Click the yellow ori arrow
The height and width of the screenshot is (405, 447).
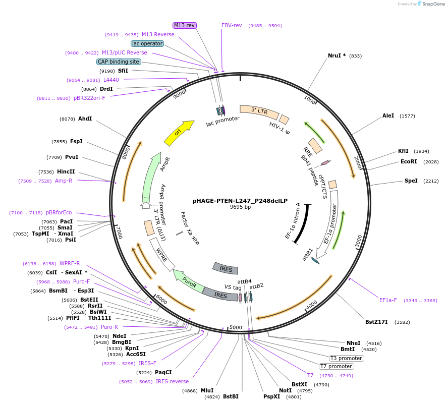point(179,133)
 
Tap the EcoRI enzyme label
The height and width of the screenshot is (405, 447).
point(409,161)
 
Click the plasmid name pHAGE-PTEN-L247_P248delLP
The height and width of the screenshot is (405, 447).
point(240,201)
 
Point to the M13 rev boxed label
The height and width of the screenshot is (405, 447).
point(185,25)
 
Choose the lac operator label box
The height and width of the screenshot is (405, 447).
point(147,43)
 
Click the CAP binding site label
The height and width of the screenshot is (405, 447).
point(118,62)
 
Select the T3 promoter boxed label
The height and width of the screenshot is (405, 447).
point(347,358)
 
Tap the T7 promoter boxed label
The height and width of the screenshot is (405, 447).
point(336,366)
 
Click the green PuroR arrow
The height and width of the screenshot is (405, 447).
point(188,281)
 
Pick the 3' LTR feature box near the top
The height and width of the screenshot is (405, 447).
point(259,111)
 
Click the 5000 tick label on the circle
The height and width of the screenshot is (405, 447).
point(236,327)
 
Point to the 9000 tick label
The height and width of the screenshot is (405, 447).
point(179,95)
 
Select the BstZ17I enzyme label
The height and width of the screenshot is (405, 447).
point(376,322)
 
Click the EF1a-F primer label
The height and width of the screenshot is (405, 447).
point(387,300)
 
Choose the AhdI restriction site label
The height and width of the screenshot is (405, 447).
point(85,119)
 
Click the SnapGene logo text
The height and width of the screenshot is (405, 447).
point(433,4)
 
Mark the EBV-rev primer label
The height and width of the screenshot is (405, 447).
point(232,25)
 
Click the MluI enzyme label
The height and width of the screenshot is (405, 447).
point(207,390)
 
